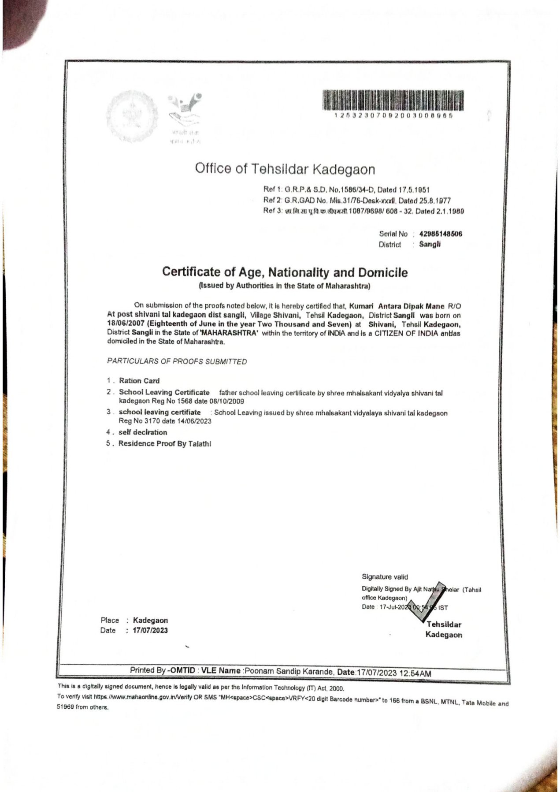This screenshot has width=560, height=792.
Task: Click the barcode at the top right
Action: click(393, 100)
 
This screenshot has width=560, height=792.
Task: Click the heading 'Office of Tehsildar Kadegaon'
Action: click(285, 169)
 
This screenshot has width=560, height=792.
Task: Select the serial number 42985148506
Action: click(441, 234)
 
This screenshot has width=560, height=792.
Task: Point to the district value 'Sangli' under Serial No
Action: click(430, 245)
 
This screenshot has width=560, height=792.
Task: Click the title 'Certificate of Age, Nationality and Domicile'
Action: click(285, 272)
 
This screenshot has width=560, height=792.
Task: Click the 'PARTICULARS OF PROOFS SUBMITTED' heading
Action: click(177, 361)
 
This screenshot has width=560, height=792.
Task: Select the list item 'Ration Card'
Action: click(139, 381)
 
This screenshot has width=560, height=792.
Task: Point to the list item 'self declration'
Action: click(143, 432)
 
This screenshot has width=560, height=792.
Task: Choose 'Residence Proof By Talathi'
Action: click(165, 444)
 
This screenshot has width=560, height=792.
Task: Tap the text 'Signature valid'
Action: click(385, 577)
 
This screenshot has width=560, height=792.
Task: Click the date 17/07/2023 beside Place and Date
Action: click(150, 631)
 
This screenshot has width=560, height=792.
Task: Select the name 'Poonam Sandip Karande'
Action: click(289, 672)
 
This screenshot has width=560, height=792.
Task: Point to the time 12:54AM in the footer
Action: click(415, 673)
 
